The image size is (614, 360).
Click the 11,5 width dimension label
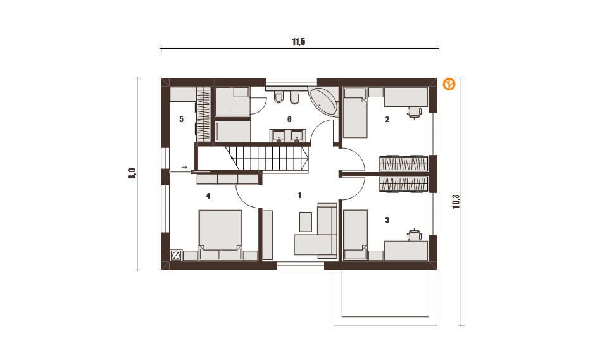pos(298,42)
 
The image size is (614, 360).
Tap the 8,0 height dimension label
pos(132,173)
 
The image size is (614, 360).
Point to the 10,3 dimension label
pos(456,202)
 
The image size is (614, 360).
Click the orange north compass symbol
pos(449,84)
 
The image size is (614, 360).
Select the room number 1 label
pos(299,196)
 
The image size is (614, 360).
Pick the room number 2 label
pos(387,120)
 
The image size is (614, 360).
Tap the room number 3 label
pos(387,220)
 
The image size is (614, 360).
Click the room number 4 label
pos(208,196)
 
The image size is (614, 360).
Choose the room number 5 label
pos(181,120)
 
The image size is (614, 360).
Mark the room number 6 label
pos(289,120)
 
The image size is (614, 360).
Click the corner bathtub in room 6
pos(324,101)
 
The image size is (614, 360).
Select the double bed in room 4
pos(220,230)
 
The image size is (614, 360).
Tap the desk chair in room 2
pos(415,113)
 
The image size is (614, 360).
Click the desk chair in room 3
pos(415,235)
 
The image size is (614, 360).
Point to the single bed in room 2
pos(355,113)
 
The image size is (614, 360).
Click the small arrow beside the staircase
pos(184,167)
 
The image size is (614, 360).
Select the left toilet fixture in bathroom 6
pos(279,97)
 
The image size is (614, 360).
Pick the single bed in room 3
pos(355,235)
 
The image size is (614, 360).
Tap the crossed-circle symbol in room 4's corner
pos(176,256)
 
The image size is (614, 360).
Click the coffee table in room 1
pos(306,221)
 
